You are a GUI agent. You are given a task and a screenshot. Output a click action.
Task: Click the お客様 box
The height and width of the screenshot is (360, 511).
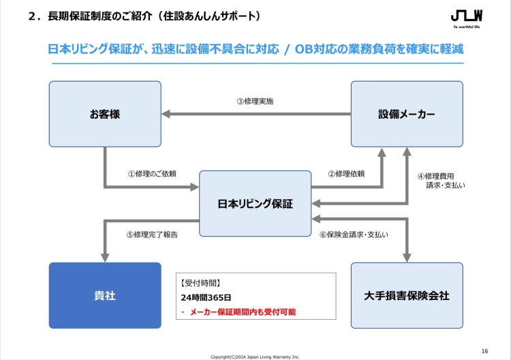(x=105, y=114)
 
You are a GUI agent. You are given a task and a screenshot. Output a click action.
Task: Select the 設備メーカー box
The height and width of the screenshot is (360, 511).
(x=407, y=114)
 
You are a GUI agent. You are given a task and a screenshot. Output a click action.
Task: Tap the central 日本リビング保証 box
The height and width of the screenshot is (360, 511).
(x=255, y=203)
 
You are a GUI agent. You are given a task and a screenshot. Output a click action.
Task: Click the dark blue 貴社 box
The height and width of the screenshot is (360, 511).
(x=105, y=295)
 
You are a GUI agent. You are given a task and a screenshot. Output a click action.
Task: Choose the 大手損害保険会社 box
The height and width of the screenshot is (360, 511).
(x=407, y=295)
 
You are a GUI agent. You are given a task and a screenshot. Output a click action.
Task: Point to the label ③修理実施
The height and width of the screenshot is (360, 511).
(x=255, y=102)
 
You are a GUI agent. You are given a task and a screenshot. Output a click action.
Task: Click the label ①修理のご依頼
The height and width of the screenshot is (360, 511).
(x=152, y=174)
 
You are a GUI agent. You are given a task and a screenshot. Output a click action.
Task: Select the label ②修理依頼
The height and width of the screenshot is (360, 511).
(x=346, y=174)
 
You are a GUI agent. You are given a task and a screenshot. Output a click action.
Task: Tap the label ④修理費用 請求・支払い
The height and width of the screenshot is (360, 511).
(x=442, y=181)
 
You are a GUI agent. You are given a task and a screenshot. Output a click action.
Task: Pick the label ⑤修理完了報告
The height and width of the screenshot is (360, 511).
(x=152, y=235)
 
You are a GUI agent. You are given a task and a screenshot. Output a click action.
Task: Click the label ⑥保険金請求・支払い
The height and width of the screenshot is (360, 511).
(x=354, y=235)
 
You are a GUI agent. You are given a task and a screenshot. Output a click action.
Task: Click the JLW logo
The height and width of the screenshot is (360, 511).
(x=467, y=19)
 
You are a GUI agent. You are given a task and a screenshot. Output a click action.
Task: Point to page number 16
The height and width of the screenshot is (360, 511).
(x=484, y=351)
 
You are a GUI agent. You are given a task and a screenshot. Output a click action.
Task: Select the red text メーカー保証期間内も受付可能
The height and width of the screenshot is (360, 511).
(x=243, y=312)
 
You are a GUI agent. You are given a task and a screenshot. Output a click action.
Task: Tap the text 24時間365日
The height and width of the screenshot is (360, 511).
(x=206, y=297)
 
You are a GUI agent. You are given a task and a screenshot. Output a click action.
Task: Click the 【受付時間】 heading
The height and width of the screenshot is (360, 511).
(x=200, y=283)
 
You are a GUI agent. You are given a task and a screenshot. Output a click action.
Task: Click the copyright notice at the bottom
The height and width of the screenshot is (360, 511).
(x=255, y=357)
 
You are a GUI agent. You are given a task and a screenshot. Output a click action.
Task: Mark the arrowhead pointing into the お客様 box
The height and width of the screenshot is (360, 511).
(x=166, y=114)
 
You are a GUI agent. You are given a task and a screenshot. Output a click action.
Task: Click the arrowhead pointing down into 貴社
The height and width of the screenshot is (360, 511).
(x=105, y=258)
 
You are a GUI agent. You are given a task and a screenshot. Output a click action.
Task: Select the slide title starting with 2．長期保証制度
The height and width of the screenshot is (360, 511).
(x=145, y=16)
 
